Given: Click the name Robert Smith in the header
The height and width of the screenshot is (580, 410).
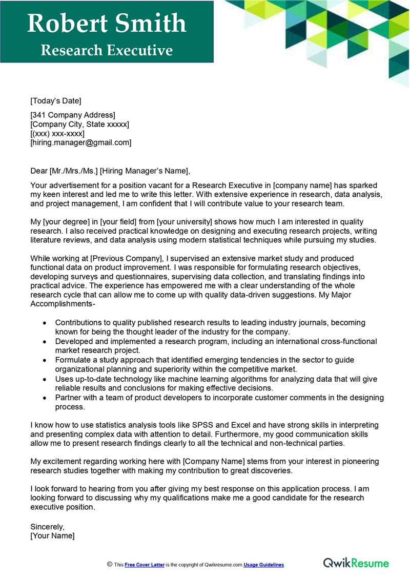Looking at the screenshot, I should pos(107,24).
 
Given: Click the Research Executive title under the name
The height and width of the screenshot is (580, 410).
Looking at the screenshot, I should pos(107,50).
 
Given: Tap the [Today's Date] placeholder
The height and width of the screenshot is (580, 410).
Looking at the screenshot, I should pos(56,100).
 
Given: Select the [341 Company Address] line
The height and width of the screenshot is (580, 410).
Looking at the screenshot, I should pos(73,115).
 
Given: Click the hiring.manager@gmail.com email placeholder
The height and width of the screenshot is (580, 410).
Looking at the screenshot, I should pos(81,142).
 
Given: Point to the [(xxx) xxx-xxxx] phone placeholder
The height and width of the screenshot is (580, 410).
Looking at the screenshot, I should pos(57,133).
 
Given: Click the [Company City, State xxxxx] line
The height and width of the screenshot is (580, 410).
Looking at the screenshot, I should pos(79,124).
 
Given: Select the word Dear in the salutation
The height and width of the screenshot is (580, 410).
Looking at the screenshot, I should pos(39,171).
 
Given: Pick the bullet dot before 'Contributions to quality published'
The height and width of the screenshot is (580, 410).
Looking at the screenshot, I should pos(45,323).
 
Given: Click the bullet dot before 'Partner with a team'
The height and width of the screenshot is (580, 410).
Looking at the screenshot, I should pos(45,398).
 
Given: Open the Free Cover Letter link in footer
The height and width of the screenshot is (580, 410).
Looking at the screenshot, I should pos(144,565).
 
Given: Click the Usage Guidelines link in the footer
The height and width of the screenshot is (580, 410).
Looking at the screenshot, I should pos(263,565).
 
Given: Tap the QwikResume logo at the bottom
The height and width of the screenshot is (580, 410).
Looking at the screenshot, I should pos(356,563).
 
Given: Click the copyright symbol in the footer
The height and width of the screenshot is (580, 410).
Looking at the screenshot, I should pos(109,564).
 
